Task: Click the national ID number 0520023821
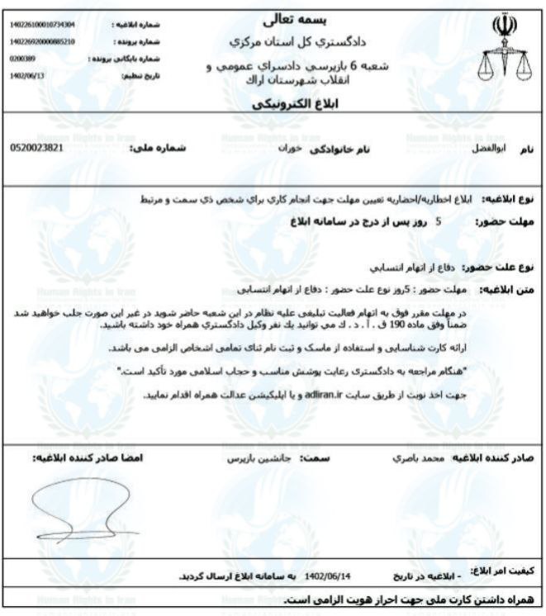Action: (x=37, y=148)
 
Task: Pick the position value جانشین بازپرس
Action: (x=249, y=456)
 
